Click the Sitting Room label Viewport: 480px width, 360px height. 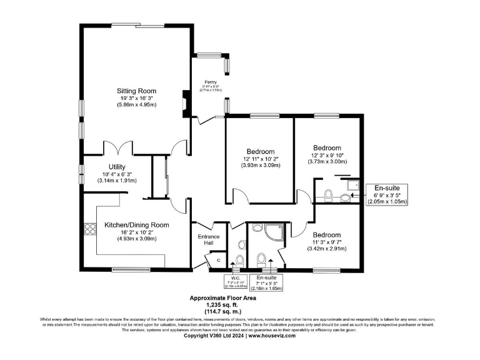[x=136, y=91]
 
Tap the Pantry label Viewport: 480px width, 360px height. [x=210, y=82]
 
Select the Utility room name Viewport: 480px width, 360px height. [x=117, y=166]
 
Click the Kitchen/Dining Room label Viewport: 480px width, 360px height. [x=137, y=224]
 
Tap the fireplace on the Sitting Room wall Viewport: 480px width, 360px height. [x=184, y=101]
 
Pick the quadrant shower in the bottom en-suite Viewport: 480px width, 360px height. [x=273, y=232]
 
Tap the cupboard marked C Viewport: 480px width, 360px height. [x=219, y=259]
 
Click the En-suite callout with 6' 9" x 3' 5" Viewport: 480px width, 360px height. [x=390, y=194]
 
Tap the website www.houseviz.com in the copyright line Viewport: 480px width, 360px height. [x=271, y=336]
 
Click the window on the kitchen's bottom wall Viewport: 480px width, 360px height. [x=124, y=270]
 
